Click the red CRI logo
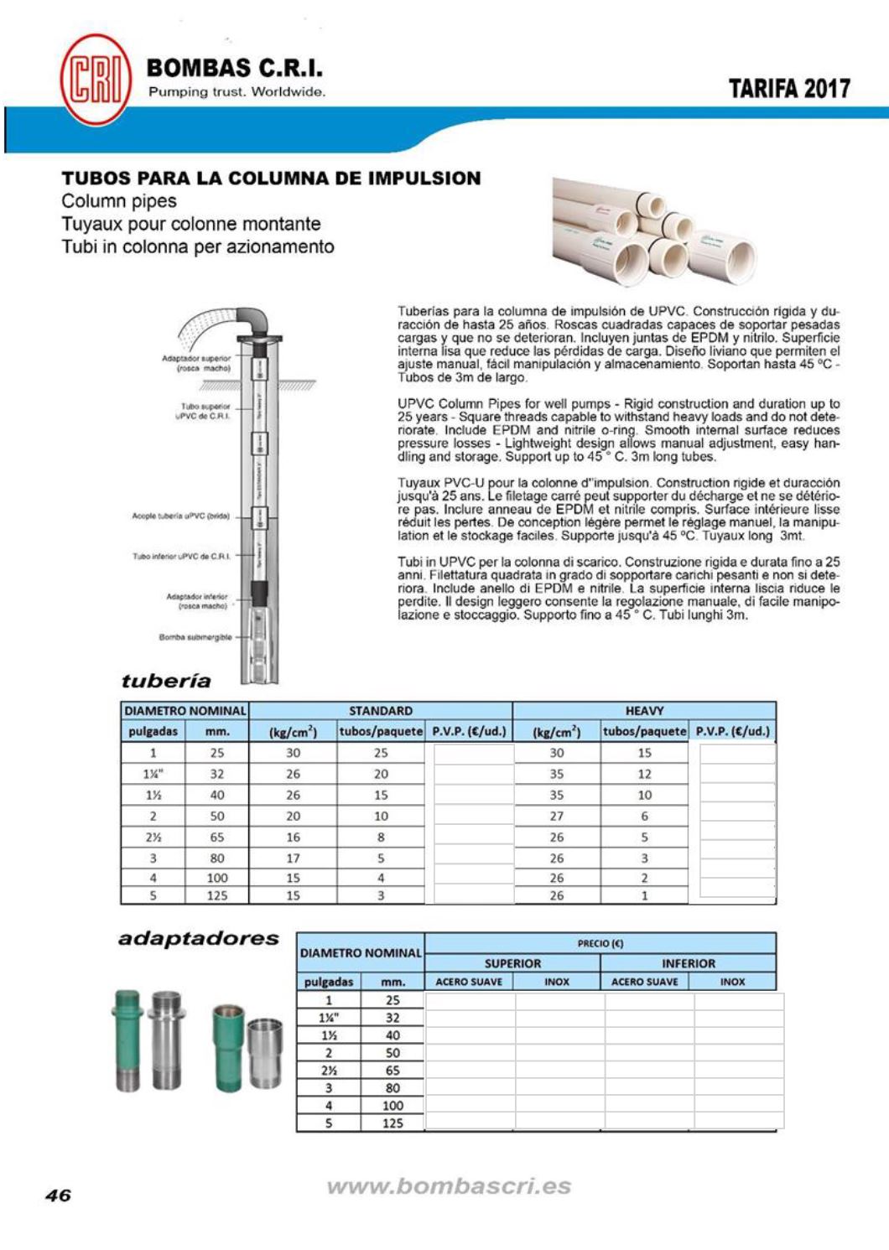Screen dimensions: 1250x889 point(96,79)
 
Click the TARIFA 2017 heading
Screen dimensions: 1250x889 point(789,89)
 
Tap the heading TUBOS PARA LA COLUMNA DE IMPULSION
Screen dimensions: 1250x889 point(271,179)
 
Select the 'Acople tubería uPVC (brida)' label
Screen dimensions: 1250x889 point(180,516)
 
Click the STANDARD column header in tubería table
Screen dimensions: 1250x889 point(381,711)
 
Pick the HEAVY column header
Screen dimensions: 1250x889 point(644,711)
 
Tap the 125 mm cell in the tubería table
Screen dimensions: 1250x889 point(217,895)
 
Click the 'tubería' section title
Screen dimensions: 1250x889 point(166,681)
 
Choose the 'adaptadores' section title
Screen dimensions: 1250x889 point(199,938)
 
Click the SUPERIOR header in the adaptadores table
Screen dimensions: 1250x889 point(512,963)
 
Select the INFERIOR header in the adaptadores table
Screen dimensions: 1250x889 point(688,963)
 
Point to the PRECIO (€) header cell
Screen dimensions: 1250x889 point(600,943)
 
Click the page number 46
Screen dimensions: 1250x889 point(58,1196)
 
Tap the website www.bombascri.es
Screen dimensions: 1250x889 point(449,1186)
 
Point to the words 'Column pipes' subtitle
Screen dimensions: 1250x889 point(119,201)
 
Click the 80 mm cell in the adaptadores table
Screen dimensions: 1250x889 point(393,1088)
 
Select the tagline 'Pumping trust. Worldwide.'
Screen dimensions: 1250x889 point(237,92)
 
